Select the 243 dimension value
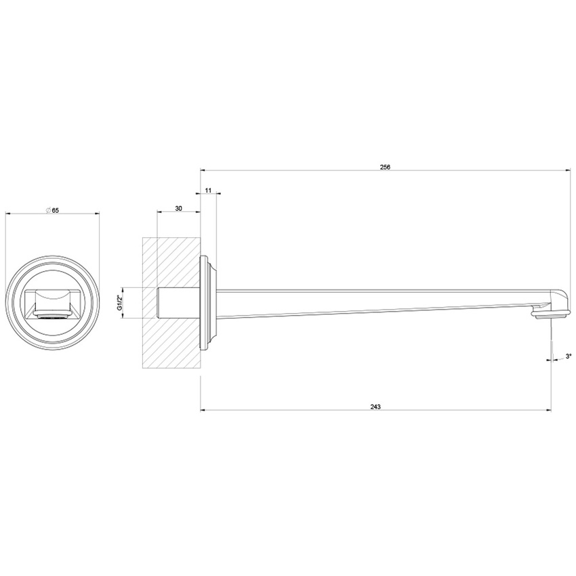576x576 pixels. point(375,407)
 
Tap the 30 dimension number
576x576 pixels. point(178,209)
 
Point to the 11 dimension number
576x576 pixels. point(208,192)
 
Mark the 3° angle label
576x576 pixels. point(567,356)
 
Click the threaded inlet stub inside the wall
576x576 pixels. point(178,303)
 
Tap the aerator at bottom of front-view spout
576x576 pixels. point(52,315)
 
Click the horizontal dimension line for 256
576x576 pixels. point(305,171)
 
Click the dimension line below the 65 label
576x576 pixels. point(52,215)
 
